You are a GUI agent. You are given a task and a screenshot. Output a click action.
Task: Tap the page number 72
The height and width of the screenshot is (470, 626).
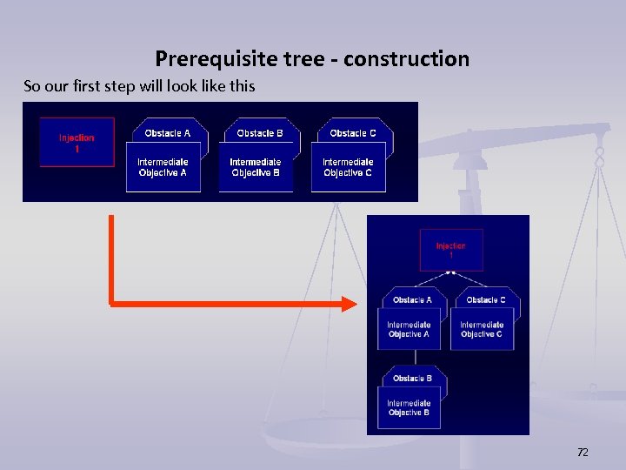583,452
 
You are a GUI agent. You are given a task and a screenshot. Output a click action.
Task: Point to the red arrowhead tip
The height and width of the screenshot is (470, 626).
355,304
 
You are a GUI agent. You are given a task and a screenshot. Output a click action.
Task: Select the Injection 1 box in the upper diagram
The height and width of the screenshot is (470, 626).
77,143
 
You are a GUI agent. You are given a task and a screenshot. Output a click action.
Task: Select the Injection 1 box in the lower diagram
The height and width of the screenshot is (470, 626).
450,251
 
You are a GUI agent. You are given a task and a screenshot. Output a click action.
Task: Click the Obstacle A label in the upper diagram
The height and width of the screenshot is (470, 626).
167,133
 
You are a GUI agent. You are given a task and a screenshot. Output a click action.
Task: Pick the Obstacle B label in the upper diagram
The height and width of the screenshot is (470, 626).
260,133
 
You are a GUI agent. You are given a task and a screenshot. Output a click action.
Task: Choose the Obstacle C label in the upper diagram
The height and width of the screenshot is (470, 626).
353,133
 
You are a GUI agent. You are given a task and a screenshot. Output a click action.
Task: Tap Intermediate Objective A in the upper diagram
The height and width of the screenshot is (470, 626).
163,167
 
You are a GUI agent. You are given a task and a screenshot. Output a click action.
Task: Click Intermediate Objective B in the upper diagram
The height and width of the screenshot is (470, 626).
256,167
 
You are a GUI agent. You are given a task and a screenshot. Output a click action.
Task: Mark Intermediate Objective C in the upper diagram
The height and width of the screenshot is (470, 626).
348,167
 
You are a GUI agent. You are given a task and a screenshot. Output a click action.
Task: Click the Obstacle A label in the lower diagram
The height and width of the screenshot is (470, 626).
412,299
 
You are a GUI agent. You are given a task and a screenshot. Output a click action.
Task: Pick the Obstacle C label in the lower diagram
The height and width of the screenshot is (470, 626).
486,299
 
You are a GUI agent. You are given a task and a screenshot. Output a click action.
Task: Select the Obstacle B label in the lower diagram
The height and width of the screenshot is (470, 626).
412,378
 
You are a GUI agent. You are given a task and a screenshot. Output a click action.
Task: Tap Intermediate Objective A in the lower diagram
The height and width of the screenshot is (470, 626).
409,329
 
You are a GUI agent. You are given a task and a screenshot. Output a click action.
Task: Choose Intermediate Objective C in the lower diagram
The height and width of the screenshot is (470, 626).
482,329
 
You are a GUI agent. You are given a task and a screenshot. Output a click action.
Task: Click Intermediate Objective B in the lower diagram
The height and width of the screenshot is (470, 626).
409,407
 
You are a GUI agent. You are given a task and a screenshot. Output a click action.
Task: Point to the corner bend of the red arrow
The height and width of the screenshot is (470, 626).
112,303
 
